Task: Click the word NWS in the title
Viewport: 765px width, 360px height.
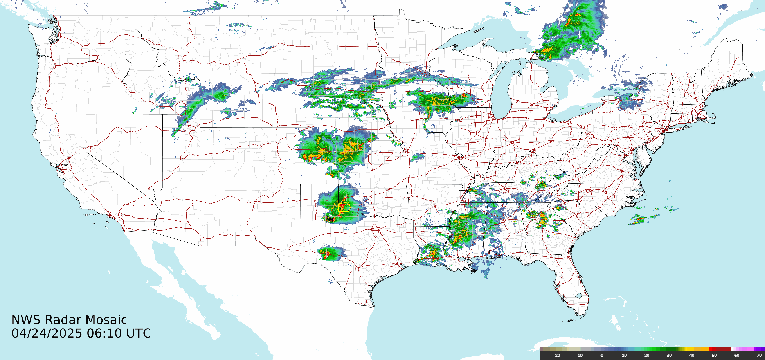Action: pyautogui.click(x=26, y=320)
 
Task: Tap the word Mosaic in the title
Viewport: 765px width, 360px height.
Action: pyautogui.click(x=106, y=320)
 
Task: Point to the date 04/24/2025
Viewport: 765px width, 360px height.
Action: pyautogui.click(x=47, y=333)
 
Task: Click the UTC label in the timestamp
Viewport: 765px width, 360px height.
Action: pyautogui.click(x=138, y=333)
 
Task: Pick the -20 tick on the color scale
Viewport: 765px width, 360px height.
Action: pyautogui.click(x=556, y=355)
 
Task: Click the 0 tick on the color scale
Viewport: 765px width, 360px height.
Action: pyautogui.click(x=602, y=355)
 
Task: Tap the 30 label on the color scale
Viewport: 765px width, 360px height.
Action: pyautogui.click(x=669, y=355)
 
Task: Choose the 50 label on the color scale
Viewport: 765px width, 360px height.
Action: pyautogui.click(x=714, y=355)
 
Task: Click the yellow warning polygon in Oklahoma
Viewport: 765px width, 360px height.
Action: pyautogui.click(x=344, y=206)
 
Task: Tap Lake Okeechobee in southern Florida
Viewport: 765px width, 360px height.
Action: pyautogui.click(x=578, y=296)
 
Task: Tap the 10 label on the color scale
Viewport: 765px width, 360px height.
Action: pyautogui.click(x=624, y=355)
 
